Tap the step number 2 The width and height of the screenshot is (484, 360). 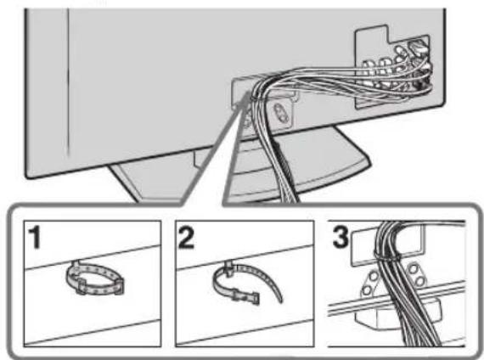(x=187, y=237)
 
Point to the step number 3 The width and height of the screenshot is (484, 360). (x=340, y=237)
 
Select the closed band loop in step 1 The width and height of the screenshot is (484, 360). (x=95, y=278)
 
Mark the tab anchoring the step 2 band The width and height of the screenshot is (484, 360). (x=228, y=268)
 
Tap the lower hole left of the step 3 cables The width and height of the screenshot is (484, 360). (x=367, y=290)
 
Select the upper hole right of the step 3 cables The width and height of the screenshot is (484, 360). (x=414, y=268)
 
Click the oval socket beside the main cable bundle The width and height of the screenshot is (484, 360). (x=281, y=113)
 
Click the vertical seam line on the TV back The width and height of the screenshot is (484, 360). (x=68, y=82)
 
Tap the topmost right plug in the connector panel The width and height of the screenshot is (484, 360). (x=417, y=47)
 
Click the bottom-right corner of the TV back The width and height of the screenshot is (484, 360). (x=444, y=104)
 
